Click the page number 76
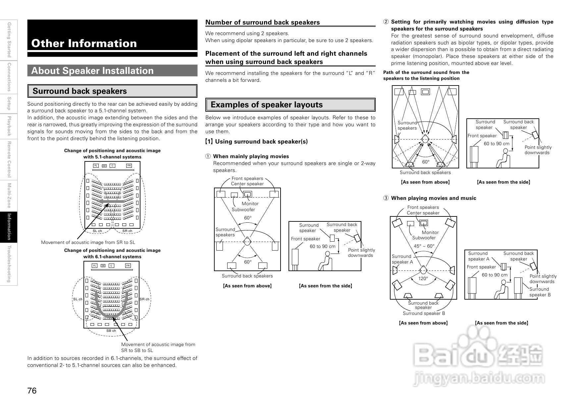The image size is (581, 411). coord(32,391)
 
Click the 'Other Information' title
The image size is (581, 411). coord(84,43)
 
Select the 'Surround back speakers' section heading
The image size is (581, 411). coord(79,91)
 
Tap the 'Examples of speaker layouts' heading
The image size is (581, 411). coord(266,105)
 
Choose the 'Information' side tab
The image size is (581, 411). coord(9,227)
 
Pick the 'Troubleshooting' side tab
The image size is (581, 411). coord(9,264)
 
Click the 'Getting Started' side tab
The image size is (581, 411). coord(9,40)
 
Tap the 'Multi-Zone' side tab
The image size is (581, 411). coord(9,196)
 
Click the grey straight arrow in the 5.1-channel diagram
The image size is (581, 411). coord(112,202)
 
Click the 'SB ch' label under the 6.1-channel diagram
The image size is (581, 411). coord(111,331)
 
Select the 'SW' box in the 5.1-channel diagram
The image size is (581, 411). coord(104,166)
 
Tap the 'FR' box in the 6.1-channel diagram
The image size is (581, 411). coord(128,266)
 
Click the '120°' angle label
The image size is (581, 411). coord(423,279)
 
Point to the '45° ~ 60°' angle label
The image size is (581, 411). coord(424,246)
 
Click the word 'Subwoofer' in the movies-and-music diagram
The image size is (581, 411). coord(424,238)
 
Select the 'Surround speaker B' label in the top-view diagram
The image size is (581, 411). coord(424,314)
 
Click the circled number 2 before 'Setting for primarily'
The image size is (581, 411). coord(386,22)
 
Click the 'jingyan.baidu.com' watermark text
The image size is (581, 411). coord(479,378)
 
